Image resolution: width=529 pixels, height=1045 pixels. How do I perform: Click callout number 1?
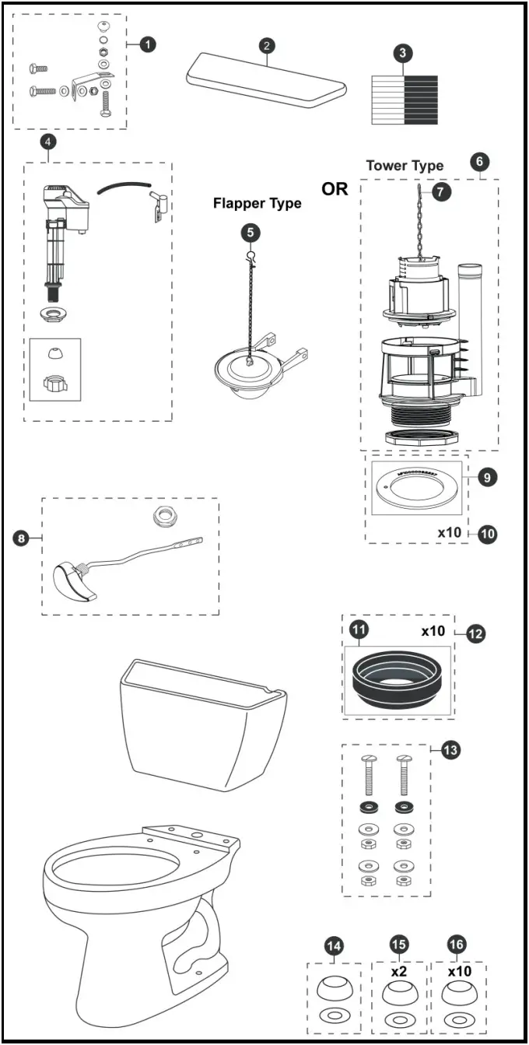pyautogui.click(x=147, y=44)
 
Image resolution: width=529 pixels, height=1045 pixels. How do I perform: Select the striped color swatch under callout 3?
pyautogui.click(x=404, y=99)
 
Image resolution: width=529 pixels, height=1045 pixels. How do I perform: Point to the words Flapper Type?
pyautogui.click(x=257, y=204)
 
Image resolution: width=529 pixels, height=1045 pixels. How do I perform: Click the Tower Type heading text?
pyautogui.click(x=405, y=165)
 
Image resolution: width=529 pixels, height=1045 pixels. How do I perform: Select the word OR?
pyautogui.click(x=335, y=189)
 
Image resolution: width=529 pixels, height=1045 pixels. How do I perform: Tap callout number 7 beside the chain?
pyautogui.click(x=441, y=192)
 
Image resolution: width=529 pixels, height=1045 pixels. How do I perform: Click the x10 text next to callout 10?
pyautogui.click(x=450, y=533)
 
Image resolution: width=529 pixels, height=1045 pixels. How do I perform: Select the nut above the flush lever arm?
pyautogui.click(x=163, y=516)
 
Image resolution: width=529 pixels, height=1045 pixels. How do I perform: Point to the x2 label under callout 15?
pyautogui.click(x=399, y=972)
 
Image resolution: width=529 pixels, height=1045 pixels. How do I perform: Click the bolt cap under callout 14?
pyautogui.click(x=335, y=991)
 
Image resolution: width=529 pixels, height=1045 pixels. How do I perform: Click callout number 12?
pyautogui.click(x=476, y=633)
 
